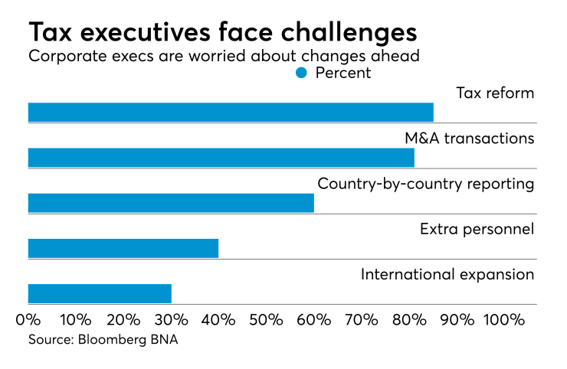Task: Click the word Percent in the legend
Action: pos(342,73)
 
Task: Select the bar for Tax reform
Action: pos(231,113)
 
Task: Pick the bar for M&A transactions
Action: pos(221,158)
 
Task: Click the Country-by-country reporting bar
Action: pos(171,203)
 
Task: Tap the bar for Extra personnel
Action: pos(123,248)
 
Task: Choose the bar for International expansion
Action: pos(100,293)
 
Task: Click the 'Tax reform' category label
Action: pos(495,93)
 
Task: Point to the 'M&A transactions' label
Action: pos(469,139)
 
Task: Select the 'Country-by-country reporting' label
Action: pos(425,184)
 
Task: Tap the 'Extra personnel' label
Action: pos(477,229)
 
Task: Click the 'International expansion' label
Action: pos(447,274)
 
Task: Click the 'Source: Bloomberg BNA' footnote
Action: pos(103,340)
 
